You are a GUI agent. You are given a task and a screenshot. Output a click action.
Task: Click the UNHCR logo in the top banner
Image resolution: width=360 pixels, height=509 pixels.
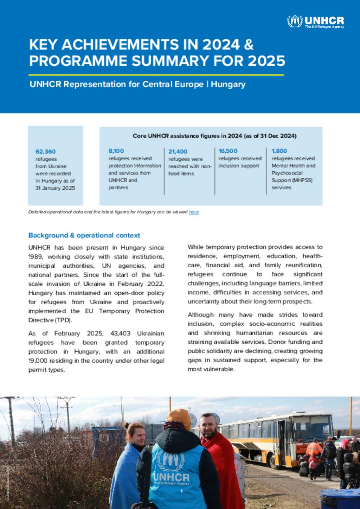[315, 21]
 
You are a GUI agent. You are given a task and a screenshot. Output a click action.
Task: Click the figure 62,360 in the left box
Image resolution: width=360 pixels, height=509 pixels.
[45, 152]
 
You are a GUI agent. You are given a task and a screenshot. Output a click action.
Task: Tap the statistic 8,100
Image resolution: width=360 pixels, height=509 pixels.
[116, 151]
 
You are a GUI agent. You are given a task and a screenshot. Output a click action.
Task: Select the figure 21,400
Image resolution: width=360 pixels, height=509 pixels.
[178, 152]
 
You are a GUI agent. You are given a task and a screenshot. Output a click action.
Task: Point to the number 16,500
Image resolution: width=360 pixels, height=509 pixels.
[228, 151]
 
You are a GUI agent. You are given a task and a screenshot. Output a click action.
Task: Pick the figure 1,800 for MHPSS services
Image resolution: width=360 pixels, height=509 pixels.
[279, 151]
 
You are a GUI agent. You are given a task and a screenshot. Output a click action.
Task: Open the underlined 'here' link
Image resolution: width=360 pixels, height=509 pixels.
[194, 212]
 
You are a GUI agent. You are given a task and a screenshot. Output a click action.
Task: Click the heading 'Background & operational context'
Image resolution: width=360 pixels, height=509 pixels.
[84, 235]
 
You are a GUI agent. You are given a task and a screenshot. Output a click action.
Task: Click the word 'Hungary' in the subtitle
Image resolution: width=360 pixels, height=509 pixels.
[228, 84]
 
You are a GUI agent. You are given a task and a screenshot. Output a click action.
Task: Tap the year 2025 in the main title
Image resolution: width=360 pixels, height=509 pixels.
[266, 61]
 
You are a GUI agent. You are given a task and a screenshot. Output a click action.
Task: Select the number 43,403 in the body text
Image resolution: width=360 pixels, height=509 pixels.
[120, 333]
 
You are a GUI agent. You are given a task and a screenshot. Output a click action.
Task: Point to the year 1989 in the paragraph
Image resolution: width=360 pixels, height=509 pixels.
[35, 257]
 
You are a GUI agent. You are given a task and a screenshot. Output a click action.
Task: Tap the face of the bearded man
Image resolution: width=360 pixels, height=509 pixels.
[208, 426]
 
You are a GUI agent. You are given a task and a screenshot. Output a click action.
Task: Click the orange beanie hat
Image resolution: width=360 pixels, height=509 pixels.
[179, 417]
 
